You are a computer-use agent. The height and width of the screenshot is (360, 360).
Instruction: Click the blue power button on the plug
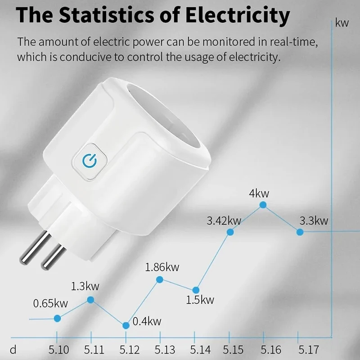(90, 161)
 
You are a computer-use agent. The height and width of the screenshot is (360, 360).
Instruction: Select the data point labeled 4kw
(263, 205)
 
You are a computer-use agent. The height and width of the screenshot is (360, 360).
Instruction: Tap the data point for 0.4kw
(126, 325)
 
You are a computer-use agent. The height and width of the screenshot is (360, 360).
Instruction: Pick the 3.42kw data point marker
(230, 232)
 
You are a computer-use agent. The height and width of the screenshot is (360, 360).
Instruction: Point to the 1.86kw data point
(160, 279)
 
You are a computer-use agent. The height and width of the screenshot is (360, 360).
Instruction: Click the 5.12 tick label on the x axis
(130, 350)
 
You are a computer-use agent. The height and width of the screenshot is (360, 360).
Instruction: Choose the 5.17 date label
(309, 350)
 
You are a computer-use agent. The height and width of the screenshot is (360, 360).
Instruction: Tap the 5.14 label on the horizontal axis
(200, 350)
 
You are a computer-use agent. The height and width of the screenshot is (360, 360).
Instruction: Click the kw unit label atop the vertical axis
(342, 23)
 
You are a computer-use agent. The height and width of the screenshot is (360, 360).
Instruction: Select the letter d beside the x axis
(13, 350)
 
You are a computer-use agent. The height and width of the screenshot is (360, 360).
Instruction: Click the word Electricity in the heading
(238, 15)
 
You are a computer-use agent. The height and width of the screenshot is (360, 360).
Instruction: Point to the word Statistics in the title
(106, 15)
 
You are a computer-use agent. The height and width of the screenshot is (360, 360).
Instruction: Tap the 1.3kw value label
(85, 286)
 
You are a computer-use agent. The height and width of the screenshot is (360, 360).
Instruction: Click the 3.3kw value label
(314, 220)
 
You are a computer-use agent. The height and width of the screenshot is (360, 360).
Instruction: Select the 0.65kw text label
(50, 303)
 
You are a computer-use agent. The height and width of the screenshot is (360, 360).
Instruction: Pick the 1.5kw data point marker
(196, 290)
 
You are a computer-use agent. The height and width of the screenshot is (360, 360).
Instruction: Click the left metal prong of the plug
(35, 247)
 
